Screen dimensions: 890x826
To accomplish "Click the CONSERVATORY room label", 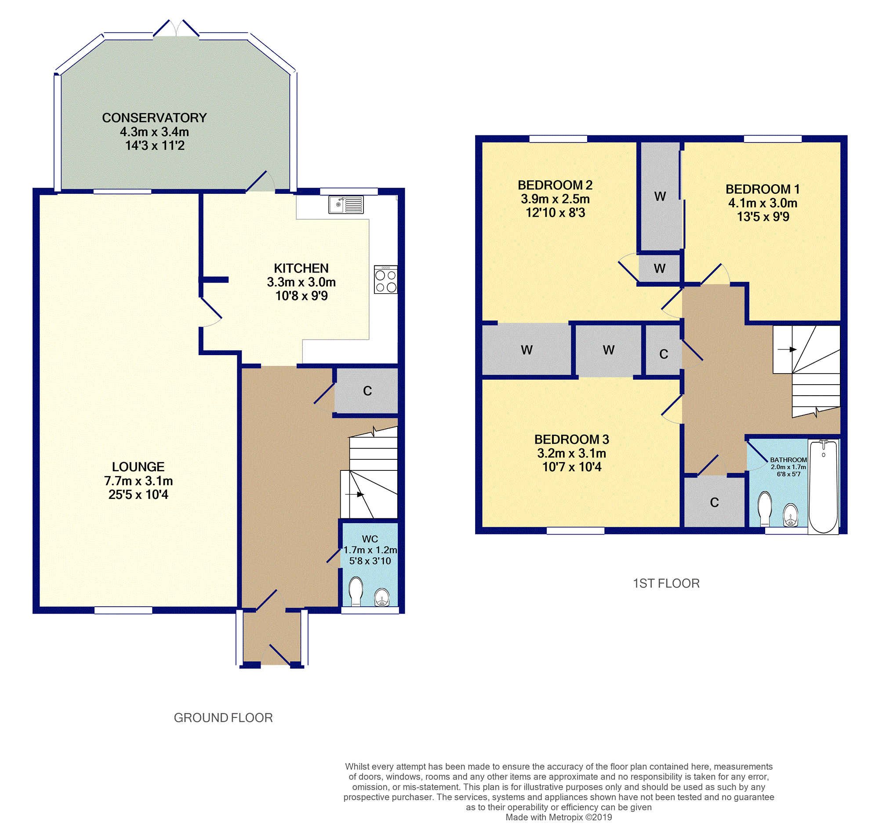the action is point(154,117).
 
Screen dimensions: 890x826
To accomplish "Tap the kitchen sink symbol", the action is point(346,205).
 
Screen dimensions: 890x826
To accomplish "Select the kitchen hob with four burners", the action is point(386,279).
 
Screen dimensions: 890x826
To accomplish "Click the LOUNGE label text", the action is point(138,467).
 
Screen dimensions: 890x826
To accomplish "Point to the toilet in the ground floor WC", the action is point(356,591).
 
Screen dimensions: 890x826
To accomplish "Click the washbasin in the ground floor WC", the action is point(382,597).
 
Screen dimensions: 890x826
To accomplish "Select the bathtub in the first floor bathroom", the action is point(824,487).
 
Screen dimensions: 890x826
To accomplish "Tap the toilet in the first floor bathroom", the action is point(765,509).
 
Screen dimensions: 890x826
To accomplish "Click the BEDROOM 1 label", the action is point(763,189).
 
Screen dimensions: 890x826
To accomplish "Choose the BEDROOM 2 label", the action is point(555,185).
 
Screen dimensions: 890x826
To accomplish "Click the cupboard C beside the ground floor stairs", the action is point(367,391).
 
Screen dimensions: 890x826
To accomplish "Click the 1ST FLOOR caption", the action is point(666,583).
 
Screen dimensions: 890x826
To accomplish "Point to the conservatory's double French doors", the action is point(176,28).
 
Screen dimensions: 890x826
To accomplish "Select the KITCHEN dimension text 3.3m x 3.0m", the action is point(301,282).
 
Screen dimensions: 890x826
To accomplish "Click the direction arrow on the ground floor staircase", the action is point(354,495).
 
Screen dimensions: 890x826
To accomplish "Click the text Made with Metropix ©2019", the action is point(559,817).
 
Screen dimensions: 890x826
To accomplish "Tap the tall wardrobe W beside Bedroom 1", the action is point(660,196).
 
